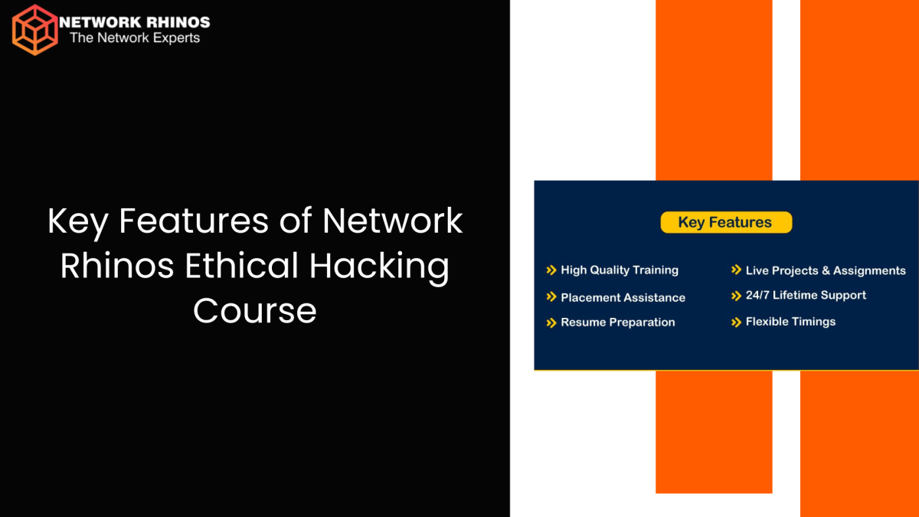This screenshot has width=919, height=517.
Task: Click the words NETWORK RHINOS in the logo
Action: point(134,23)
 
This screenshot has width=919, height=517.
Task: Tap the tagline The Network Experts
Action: point(135,38)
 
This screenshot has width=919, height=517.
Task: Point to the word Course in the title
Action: point(255,311)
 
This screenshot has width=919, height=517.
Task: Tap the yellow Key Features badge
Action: point(725,223)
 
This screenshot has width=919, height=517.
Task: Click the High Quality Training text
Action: point(620,270)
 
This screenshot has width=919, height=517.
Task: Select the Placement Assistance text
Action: point(623,298)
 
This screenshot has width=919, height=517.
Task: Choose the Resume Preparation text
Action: point(617,322)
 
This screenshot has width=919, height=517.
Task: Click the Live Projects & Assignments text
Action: point(826,270)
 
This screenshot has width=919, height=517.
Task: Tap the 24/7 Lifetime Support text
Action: point(806,296)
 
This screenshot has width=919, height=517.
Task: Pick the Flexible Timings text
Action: point(790,322)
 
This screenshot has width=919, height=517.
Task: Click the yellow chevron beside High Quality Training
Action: point(551,270)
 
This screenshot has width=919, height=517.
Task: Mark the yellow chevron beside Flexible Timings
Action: point(737,322)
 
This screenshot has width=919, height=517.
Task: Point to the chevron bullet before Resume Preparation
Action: point(551,322)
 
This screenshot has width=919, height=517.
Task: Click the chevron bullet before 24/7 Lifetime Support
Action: point(737,296)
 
